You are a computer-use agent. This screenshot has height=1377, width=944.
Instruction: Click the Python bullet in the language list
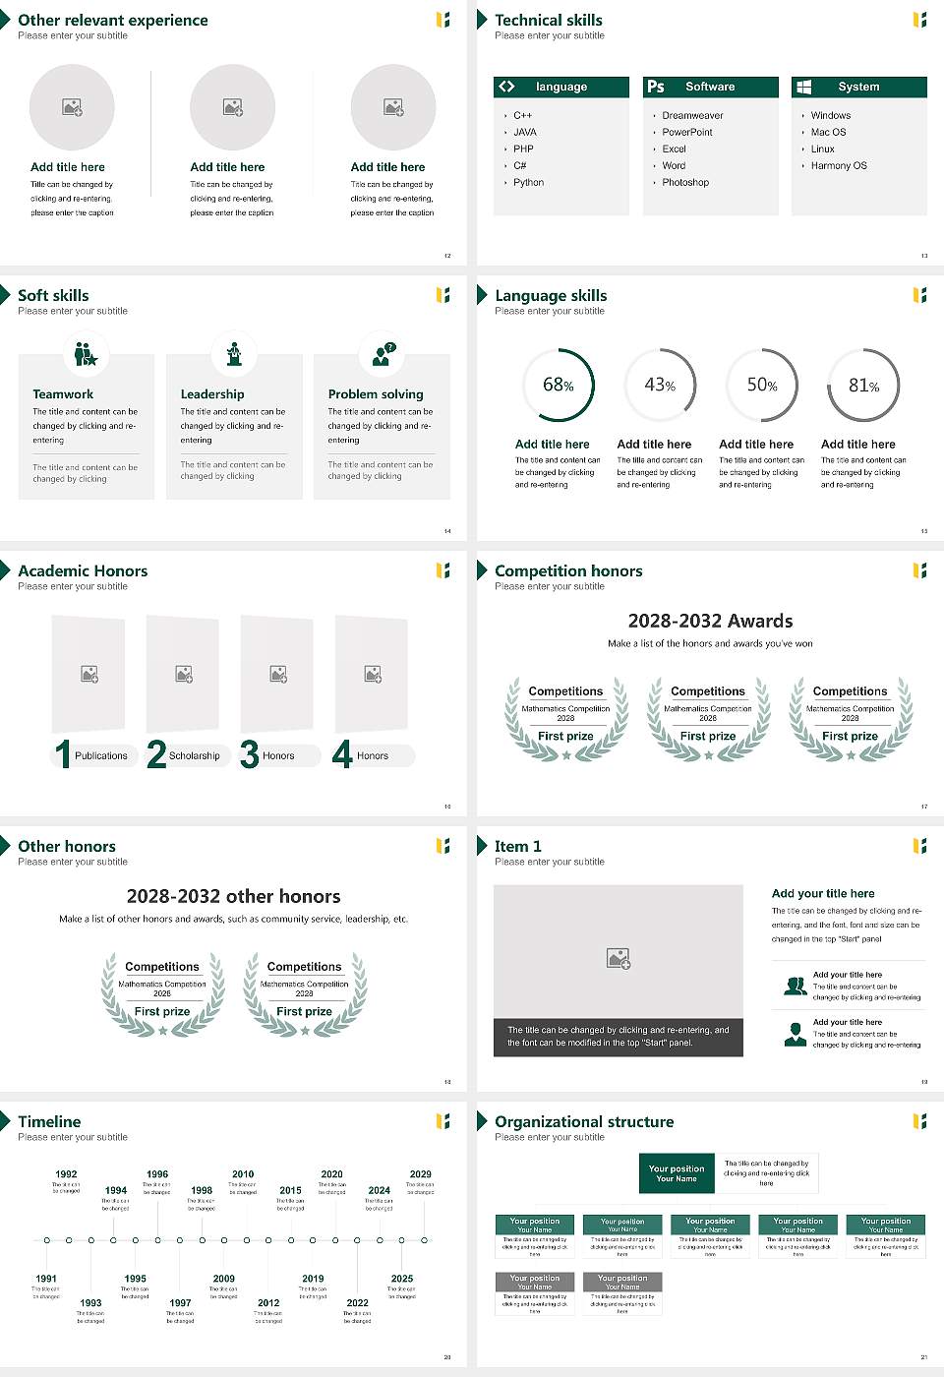point(528,183)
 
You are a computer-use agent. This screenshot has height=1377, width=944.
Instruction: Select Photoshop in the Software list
point(685,183)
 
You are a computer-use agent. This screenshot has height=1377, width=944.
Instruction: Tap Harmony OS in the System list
point(839,166)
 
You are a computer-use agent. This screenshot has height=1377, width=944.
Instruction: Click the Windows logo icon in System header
point(803,87)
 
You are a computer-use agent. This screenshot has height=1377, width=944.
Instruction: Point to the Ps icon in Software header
point(656,87)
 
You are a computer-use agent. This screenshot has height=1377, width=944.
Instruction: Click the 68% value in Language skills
point(558,386)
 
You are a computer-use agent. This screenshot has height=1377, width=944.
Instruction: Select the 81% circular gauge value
point(863,386)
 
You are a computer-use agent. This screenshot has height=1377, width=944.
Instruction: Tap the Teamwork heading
point(63,394)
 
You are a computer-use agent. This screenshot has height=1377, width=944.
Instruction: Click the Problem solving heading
point(376,394)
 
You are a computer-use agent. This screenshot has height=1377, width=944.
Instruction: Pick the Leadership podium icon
point(234,354)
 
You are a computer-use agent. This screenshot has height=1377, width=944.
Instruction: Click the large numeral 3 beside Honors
point(250,754)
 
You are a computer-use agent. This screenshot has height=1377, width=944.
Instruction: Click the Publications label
point(101,756)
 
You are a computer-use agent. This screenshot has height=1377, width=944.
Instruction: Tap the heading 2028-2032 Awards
point(710,621)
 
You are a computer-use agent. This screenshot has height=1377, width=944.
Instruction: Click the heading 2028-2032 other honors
point(233,896)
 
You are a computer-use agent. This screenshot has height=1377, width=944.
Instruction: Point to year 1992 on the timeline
point(66,1174)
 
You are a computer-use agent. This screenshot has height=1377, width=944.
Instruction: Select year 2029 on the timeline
point(420,1174)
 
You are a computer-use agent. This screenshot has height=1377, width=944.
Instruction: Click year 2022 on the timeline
point(357,1303)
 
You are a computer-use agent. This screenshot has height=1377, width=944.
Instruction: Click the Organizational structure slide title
point(584,1122)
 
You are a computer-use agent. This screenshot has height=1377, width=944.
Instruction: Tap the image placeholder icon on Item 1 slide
point(619,958)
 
